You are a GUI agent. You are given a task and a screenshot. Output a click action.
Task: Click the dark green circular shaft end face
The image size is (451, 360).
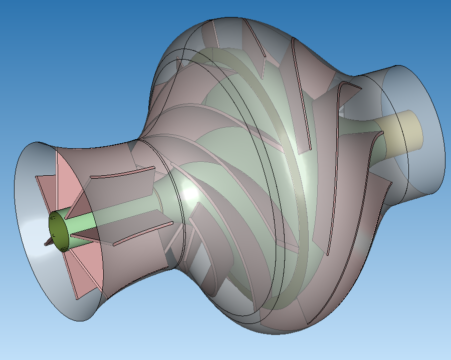tap(59, 231)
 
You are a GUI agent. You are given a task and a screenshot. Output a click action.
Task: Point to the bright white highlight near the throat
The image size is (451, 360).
tap(191, 193)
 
